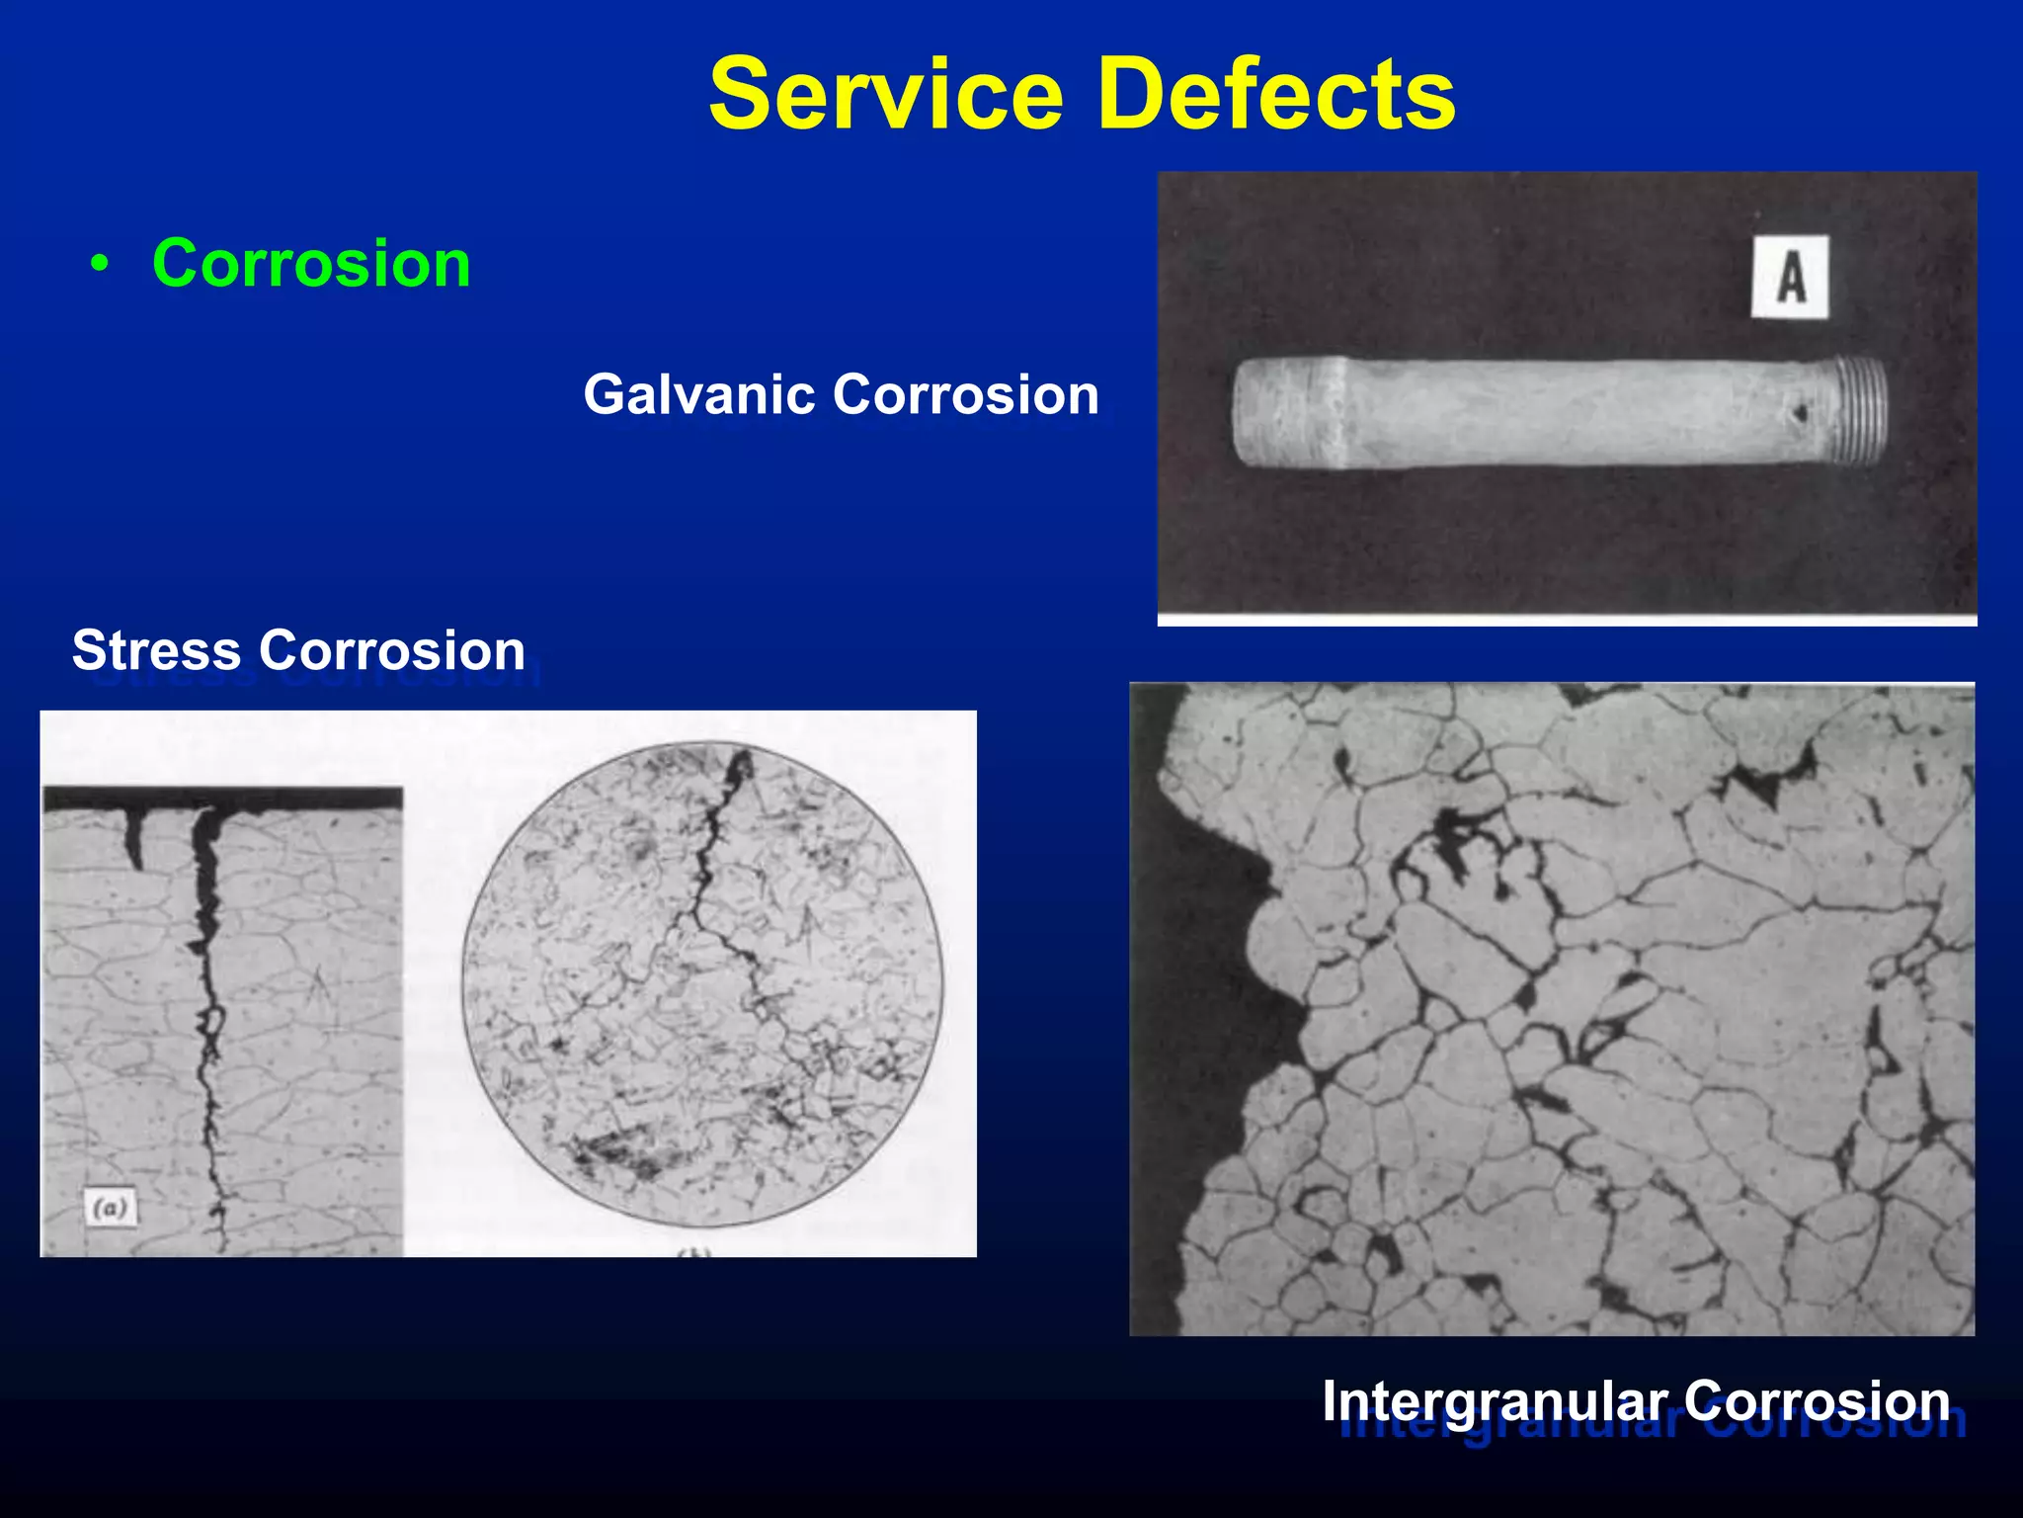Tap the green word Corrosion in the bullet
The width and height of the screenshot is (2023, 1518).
[311, 264]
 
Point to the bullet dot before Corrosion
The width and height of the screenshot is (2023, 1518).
[99, 265]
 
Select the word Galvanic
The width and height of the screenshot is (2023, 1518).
[697, 395]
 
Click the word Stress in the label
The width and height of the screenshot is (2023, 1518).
[156, 650]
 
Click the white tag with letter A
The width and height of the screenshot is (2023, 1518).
[1790, 277]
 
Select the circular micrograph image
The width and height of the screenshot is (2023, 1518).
[701, 984]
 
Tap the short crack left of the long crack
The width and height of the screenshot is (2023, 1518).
[134, 836]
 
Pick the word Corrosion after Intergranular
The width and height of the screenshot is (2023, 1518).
[1818, 1401]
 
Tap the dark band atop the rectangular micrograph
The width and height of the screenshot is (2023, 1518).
[222, 798]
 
